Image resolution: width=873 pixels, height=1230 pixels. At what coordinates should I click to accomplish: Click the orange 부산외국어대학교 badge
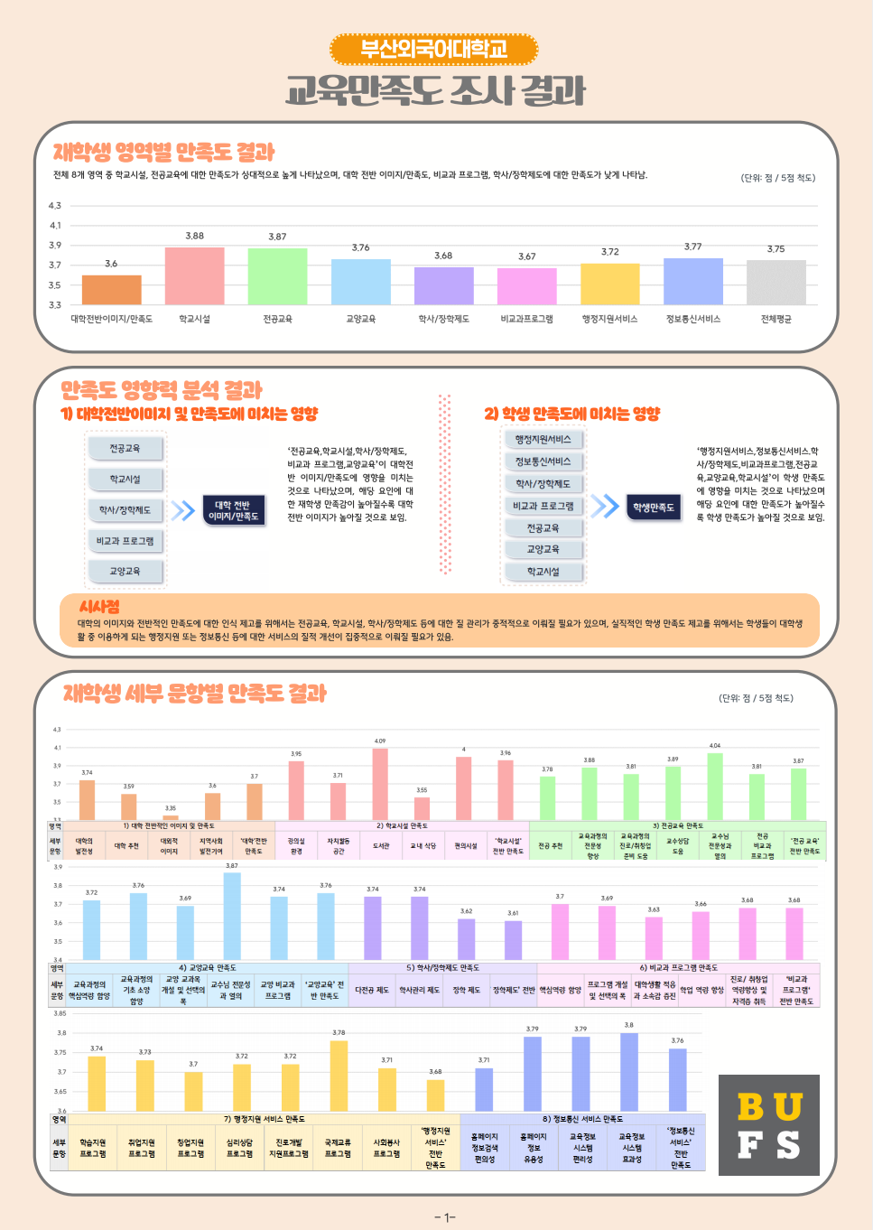[434, 49]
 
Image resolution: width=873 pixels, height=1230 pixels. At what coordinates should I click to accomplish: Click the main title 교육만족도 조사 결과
[435, 91]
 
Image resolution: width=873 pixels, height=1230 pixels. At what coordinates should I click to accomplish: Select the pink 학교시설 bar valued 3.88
[194, 275]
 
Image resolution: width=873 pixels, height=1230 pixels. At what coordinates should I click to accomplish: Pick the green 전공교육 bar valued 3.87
[277, 276]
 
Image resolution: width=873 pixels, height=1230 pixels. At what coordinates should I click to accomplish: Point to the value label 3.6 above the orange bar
[111, 264]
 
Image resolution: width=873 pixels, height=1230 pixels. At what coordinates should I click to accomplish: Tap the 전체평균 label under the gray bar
[775, 319]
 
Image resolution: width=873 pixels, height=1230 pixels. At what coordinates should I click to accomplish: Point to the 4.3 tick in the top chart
[55, 206]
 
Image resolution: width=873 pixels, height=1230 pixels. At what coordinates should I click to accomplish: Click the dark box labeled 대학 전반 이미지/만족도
[233, 511]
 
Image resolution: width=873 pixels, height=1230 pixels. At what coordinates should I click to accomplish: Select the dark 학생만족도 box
[654, 508]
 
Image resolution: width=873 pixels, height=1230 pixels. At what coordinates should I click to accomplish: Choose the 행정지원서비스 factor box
[543, 440]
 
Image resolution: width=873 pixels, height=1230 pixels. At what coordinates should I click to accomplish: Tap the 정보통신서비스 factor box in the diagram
[543, 461]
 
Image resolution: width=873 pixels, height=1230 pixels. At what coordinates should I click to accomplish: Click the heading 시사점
[99, 607]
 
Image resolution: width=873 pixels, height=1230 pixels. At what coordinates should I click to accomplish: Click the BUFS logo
[768, 1124]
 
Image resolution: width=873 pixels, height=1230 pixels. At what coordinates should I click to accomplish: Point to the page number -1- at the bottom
[445, 1217]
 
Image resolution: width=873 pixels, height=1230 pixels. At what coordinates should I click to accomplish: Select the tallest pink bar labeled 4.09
[380, 783]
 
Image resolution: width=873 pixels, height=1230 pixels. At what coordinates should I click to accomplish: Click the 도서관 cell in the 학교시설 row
[381, 846]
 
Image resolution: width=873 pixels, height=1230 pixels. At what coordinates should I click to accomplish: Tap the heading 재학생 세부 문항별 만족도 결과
[195, 694]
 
